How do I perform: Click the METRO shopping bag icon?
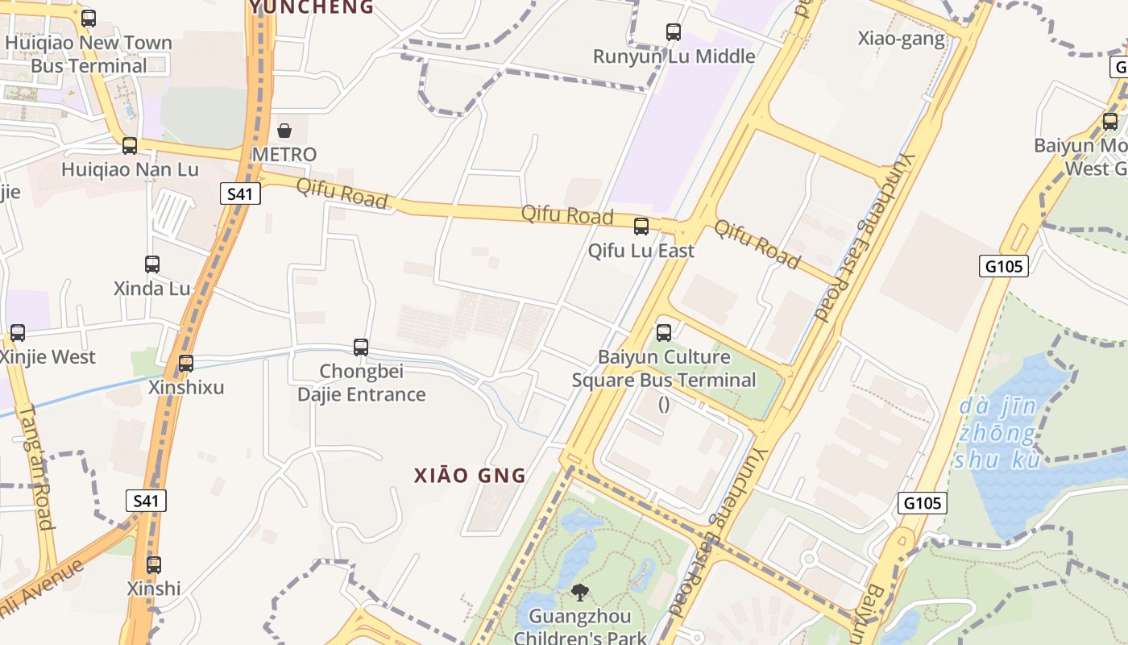284,131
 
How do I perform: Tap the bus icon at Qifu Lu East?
641,227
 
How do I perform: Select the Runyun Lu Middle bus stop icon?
674,32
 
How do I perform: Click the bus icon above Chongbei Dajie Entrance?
361,347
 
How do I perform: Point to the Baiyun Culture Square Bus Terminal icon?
664,332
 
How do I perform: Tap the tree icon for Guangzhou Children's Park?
579,593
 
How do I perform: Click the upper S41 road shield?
240,193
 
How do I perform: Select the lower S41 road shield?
146,501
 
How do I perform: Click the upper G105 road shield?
1004,266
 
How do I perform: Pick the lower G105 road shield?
923,503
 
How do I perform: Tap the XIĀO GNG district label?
470,476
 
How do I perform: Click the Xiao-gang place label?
901,39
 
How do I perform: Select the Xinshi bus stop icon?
154,565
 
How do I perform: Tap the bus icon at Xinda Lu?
152,264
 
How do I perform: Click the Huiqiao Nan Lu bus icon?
130,146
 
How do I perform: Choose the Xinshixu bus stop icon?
186,364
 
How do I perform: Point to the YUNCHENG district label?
312,7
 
